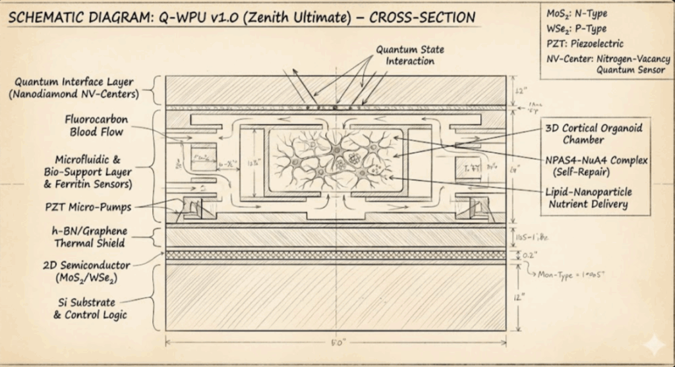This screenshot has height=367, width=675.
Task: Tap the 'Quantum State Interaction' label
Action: click(405, 55)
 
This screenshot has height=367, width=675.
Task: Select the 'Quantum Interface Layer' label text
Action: click(74, 88)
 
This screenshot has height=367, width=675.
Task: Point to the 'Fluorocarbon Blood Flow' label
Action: click(96, 126)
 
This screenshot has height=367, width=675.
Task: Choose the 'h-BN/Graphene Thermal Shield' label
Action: click(92, 237)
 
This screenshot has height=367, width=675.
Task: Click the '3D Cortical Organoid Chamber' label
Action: click(593, 133)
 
